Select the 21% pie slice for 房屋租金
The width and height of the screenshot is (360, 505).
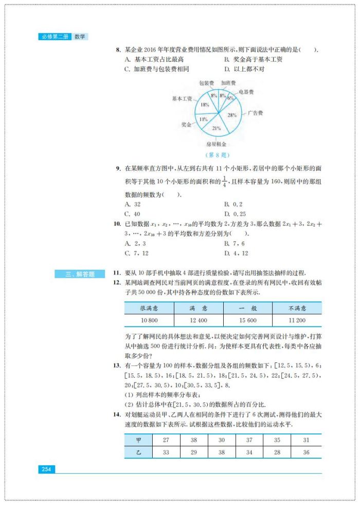point(217,128)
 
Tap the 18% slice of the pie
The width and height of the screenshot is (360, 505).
point(205,105)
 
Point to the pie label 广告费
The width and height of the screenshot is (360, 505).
point(255,113)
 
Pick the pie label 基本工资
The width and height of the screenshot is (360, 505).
point(182,98)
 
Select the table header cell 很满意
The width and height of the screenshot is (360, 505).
point(149,308)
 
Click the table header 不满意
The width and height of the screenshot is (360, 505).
point(297,308)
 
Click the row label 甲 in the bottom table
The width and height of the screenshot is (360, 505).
point(138,440)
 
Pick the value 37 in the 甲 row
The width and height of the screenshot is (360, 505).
point(249,440)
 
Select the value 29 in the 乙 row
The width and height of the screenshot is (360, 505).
point(194,452)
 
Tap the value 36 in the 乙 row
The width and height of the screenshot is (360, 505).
point(306,452)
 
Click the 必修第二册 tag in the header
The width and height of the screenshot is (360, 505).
point(54,37)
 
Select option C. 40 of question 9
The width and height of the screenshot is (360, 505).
point(133,214)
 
